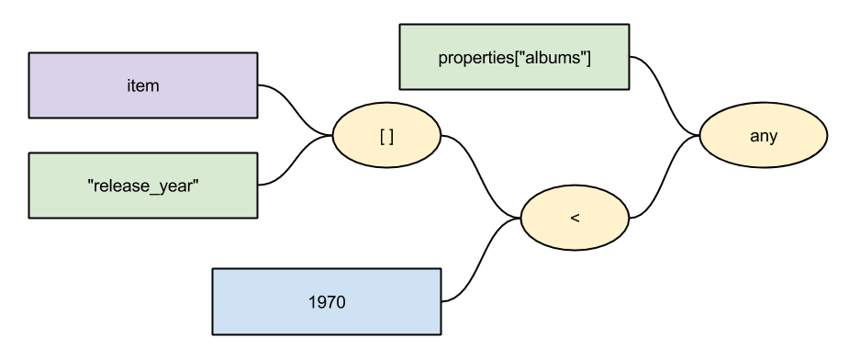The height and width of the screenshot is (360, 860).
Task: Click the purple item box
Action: click(142, 85)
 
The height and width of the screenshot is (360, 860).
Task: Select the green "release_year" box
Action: click(142, 186)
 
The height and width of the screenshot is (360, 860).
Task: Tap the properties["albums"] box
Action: click(514, 57)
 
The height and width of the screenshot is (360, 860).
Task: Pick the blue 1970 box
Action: click(326, 301)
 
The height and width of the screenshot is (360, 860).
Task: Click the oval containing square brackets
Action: click(386, 137)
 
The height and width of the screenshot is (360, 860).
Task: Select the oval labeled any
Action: click(764, 137)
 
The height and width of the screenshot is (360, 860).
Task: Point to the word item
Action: click(142, 85)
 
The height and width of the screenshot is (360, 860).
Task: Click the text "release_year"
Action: click(142, 186)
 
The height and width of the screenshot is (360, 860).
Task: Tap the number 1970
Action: click(326, 301)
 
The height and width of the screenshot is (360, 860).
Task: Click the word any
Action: click(764, 137)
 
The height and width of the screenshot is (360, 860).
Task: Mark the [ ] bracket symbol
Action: click(386, 137)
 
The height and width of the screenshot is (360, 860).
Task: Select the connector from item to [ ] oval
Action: click(296, 110)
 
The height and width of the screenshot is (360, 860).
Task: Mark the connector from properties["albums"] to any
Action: click(665, 96)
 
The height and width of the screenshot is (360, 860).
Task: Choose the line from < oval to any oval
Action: click(665, 179)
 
